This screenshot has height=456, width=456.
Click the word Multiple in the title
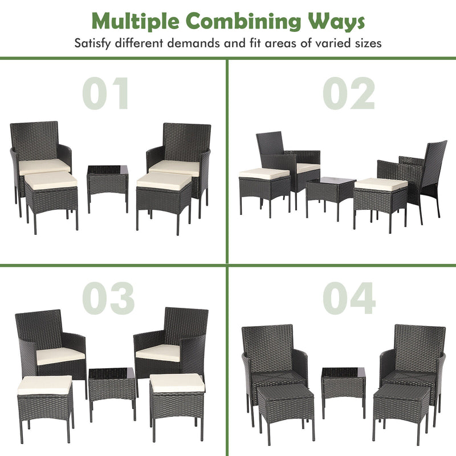[x=136, y=21]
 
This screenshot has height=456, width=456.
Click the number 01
[x=106, y=93]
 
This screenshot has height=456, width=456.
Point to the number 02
[x=349, y=93]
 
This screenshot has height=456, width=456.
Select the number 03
[x=108, y=298]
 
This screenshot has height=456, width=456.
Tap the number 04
[x=349, y=298]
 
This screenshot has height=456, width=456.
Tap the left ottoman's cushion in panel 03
[x=44, y=385]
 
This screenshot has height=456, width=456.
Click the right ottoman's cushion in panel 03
[x=177, y=382]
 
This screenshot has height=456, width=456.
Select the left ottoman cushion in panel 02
[x=263, y=173]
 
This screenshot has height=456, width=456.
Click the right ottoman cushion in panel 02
[x=381, y=184]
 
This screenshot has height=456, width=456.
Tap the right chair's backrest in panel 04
[x=420, y=344]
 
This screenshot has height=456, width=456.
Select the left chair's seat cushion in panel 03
[x=60, y=356]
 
